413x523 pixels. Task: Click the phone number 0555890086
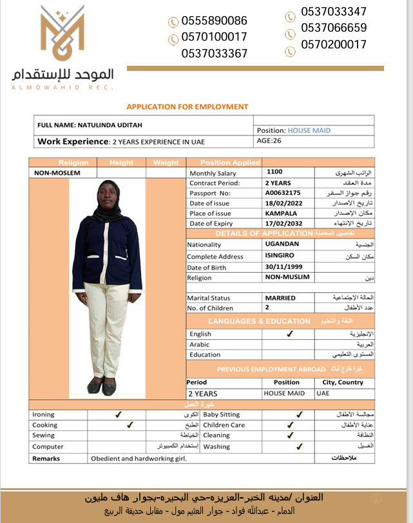point(214,21)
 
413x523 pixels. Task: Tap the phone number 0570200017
point(334,44)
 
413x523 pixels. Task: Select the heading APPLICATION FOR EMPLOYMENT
point(187,107)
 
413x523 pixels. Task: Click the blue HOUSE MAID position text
point(309,130)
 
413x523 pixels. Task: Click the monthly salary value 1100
point(274,172)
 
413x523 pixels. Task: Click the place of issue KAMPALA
point(281,213)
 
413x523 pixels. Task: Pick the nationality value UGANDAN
point(282,244)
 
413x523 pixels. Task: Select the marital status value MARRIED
point(280,298)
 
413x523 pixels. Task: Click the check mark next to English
point(290,334)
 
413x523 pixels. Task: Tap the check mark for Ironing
point(118,415)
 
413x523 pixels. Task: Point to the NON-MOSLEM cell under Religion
point(57,173)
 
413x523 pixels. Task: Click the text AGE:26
point(269,141)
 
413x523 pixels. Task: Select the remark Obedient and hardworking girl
point(139,459)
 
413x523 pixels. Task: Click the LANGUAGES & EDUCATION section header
point(259,321)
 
